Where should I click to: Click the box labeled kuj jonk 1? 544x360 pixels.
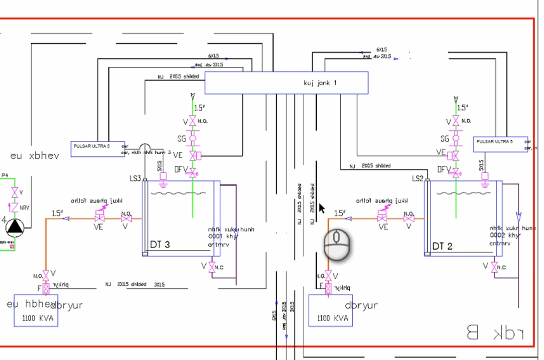(x=286, y=82)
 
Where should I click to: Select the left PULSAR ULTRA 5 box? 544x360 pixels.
(x=97, y=149)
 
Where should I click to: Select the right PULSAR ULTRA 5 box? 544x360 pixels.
(x=500, y=144)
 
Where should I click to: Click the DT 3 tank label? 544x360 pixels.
(x=160, y=244)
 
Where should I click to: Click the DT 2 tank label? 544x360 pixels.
(x=442, y=246)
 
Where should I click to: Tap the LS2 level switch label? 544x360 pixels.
(x=418, y=178)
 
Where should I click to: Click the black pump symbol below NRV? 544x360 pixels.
(x=15, y=227)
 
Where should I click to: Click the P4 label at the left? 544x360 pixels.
(x=5, y=175)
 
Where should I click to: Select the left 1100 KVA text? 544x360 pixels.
(x=37, y=317)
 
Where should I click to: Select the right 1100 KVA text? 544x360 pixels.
(x=332, y=318)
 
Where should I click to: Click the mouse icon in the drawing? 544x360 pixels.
(x=336, y=245)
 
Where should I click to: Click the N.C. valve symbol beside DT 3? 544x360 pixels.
(x=212, y=267)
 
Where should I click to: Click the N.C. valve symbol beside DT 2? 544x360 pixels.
(x=494, y=267)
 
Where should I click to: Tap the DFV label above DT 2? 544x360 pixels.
(x=444, y=169)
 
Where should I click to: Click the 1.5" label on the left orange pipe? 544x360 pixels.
(x=57, y=213)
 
